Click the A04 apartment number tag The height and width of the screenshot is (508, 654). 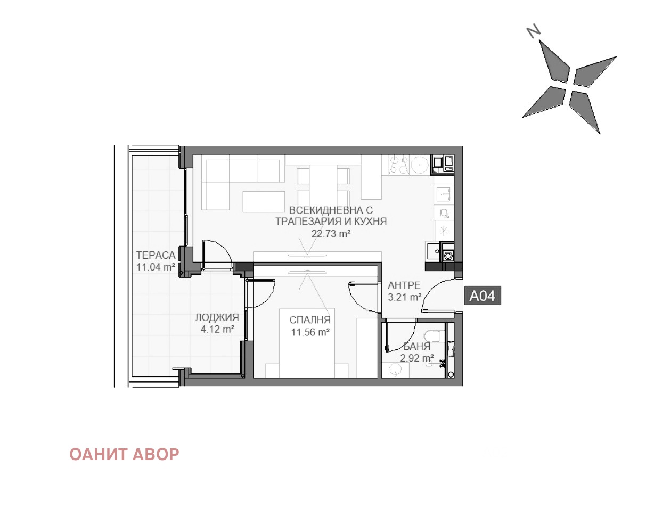coord(483,295)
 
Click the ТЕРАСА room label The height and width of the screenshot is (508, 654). coord(156,255)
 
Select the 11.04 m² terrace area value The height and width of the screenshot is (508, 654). coord(156,267)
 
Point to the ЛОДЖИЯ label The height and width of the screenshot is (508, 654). coord(217,317)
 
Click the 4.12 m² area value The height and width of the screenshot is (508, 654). coord(217,329)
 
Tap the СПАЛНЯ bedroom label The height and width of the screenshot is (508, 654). coord(310,319)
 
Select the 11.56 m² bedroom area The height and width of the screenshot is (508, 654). coord(310,332)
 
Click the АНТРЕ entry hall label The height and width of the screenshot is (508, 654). coord(404,285)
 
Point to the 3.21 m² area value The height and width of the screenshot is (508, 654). coord(404,297)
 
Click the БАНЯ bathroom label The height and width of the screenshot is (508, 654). coord(417,346)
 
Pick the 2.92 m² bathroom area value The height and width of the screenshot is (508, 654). coord(417,358)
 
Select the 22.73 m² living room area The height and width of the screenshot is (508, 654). coord(331,233)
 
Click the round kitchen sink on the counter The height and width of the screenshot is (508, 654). coord(419,165)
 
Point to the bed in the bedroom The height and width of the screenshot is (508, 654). coord(307,342)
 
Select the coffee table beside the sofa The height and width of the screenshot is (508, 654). coord(264,201)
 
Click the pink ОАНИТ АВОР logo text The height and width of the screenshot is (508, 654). coord(124,454)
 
